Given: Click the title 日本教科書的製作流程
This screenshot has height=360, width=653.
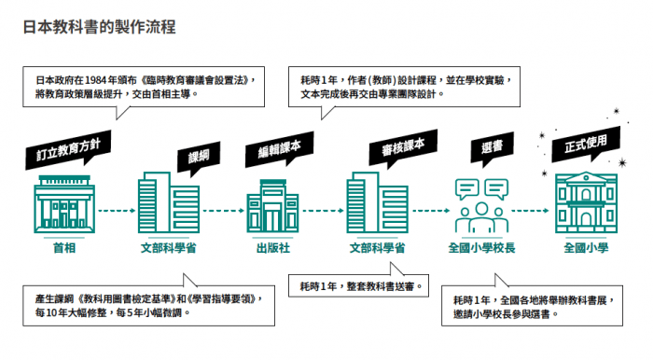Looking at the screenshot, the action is [x=99, y=27].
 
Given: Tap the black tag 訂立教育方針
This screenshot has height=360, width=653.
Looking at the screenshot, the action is [x=68, y=149].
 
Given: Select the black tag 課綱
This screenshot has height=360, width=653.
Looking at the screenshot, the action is [x=199, y=157].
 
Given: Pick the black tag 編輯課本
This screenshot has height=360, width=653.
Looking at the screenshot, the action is [x=279, y=148].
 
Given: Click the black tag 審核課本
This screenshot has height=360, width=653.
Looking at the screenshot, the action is [x=403, y=146].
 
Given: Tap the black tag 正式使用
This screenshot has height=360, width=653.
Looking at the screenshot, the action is [x=586, y=144].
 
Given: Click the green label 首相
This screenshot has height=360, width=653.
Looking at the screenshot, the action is [x=64, y=248].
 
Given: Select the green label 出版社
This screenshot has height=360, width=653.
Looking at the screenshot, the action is [x=273, y=248].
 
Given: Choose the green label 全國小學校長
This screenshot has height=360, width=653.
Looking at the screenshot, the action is [x=482, y=248].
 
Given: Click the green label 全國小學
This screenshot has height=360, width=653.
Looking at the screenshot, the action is [x=586, y=248].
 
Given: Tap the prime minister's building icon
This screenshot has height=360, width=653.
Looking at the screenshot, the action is [x=64, y=204].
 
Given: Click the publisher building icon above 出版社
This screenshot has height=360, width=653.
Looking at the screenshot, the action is [x=272, y=205].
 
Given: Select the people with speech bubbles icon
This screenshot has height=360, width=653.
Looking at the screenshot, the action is [x=482, y=205].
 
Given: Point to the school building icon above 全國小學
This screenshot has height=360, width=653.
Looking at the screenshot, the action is [x=586, y=202].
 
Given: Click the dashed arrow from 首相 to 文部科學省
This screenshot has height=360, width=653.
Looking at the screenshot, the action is [x=117, y=211].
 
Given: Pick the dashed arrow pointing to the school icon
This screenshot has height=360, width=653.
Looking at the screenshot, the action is [x=530, y=211].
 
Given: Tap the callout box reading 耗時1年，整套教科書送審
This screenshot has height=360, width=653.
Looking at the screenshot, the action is [x=358, y=285].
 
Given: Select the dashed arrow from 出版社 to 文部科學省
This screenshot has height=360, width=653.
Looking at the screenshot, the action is [x=323, y=211].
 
